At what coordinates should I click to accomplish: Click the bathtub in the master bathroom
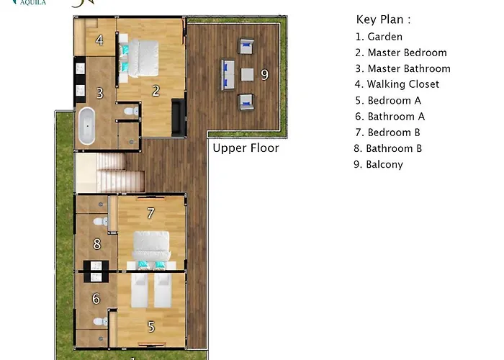(87, 126)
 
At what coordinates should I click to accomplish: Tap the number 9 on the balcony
(264, 75)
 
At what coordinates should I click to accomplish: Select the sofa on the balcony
(228, 75)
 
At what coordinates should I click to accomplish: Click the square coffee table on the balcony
(247, 75)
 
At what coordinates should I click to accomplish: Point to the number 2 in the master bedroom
(156, 91)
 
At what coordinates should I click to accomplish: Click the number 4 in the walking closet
(99, 40)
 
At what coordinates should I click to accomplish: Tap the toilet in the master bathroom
(131, 111)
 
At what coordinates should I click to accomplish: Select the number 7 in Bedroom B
(150, 213)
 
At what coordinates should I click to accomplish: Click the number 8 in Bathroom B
(97, 244)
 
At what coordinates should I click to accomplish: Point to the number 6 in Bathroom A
(96, 299)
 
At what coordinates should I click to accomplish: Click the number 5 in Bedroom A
(151, 327)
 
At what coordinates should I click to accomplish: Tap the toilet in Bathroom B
(101, 222)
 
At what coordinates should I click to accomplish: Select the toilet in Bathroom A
(101, 321)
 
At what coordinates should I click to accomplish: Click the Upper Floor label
(246, 148)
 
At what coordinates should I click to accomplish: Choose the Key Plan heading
(383, 19)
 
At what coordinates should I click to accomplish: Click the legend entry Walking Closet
(397, 84)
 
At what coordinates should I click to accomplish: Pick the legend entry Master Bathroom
(402, 68)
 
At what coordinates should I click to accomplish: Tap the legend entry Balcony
(378, 164)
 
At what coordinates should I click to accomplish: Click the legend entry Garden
(379, 37)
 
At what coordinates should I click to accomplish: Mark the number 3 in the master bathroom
(100, 94)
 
